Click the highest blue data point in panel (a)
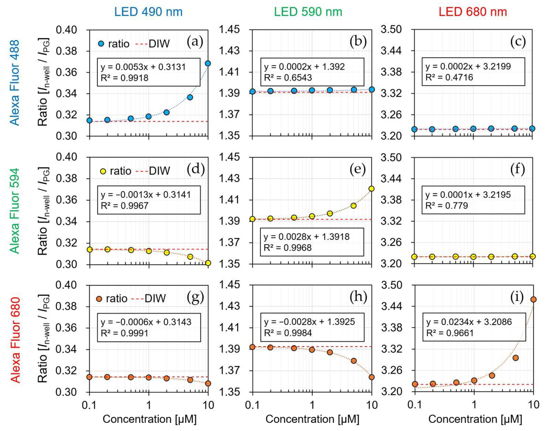click(208, 63)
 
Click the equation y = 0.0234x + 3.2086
click(469, 322)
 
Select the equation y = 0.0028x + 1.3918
click(306, 237)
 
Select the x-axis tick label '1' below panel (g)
click(149, 405)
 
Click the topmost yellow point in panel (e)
click(371, 189)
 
